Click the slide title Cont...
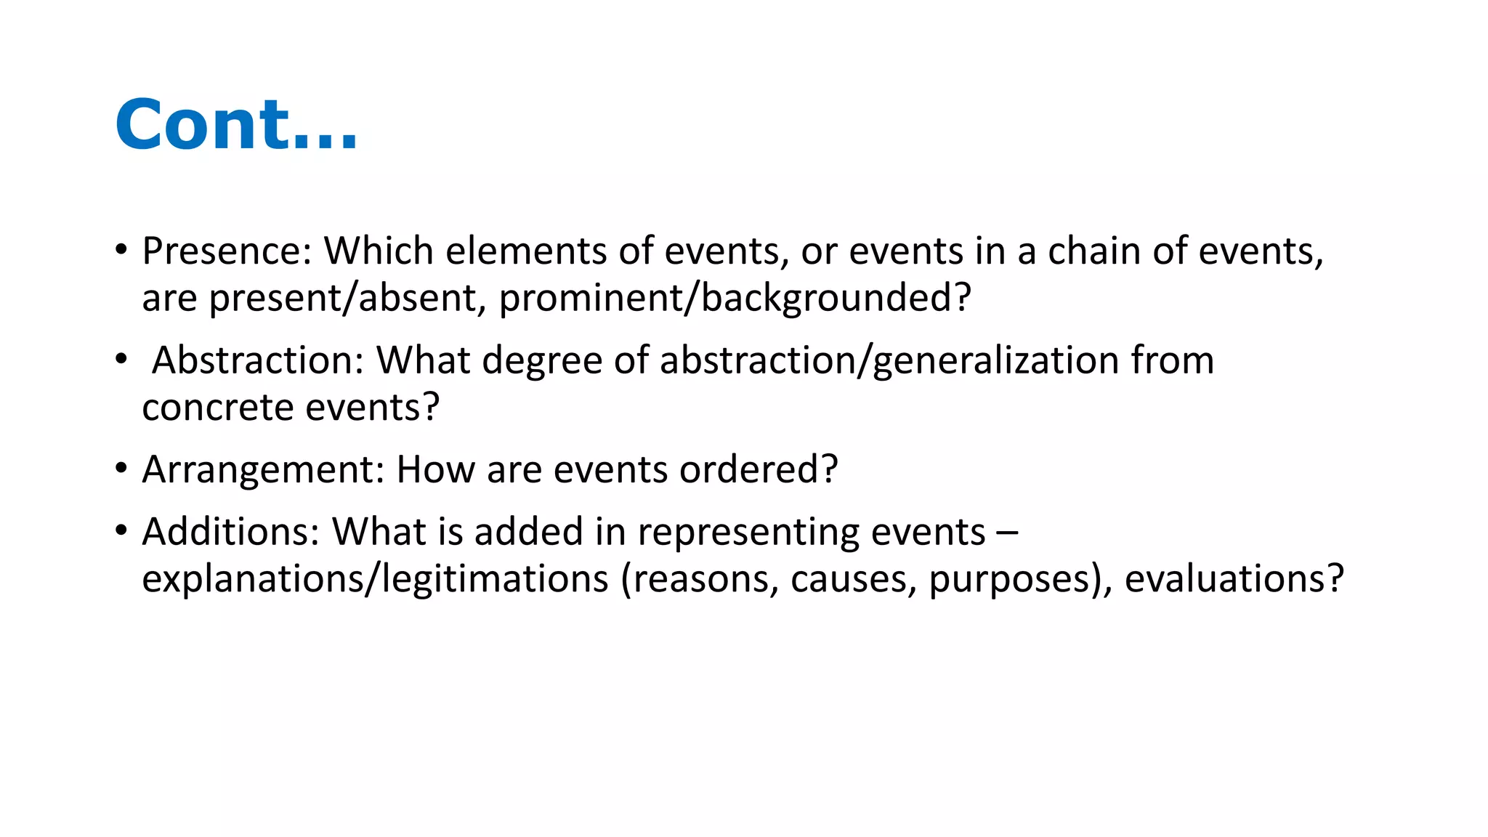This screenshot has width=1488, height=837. click(x=237, y=125)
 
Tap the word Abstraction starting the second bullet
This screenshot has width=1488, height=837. click(x=258, y=360)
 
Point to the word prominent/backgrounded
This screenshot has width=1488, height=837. click(x=735, y=299)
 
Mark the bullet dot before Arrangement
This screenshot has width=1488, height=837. click(x=121, y=468)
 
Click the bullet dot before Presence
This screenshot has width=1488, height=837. click(x=121, y=249)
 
